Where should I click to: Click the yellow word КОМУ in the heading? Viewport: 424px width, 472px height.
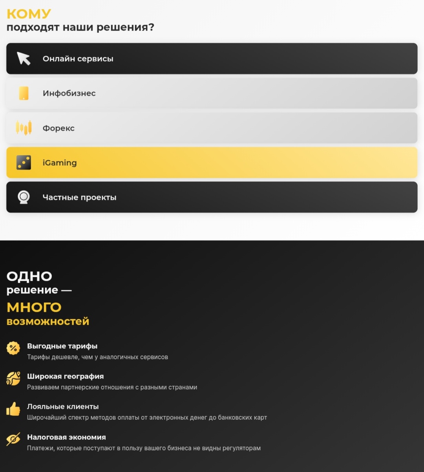29,14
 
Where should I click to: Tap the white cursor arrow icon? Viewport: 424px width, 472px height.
24,59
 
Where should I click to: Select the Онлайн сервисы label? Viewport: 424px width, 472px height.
78,59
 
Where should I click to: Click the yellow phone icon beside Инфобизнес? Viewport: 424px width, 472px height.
24,93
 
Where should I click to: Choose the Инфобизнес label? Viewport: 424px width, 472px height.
69,93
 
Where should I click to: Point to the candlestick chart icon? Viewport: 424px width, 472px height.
24,128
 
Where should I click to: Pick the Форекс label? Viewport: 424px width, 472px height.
58,128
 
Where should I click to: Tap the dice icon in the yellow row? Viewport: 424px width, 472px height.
24,163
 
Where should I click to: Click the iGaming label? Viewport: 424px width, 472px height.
60,163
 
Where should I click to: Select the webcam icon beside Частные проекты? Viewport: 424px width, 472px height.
24,197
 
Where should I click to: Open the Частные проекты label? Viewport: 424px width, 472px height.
79,198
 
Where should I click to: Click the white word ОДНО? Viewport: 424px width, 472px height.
29,276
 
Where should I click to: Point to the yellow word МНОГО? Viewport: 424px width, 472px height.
34,307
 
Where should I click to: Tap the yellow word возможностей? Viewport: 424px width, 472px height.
48,322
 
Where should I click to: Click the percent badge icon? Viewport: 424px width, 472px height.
13,348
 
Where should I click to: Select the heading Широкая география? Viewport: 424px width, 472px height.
65,376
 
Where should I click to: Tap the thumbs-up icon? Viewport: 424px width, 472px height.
13,409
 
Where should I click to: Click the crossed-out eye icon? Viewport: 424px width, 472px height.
13,439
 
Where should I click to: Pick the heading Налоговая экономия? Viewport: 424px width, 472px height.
66,437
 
